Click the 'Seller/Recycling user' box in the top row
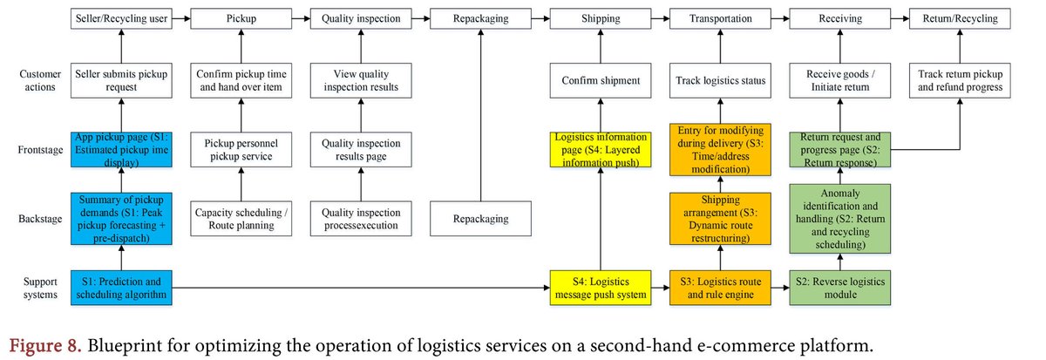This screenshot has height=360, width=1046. tap(121, 17)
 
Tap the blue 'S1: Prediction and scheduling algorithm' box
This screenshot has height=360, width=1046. tap(121, 287)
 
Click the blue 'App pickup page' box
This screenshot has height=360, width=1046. tap(121, 150)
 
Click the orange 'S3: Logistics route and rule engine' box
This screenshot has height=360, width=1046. tap(720, 287)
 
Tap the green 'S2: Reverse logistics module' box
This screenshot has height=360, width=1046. tap(839, 287)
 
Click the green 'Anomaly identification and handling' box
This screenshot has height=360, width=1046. tap(839, 218)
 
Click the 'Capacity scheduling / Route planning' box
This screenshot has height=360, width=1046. tap(241, 218)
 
